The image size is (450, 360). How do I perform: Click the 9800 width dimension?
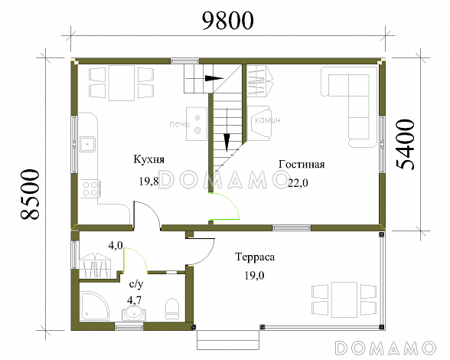228,21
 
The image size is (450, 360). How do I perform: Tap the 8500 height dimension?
29,195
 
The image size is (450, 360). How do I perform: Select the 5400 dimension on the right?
405,145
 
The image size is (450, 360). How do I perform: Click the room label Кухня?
148,159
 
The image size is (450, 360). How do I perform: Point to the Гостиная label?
302,165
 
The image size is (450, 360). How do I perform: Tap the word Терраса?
255,257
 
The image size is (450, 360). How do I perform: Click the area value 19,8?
149,182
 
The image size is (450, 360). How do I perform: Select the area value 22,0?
298,183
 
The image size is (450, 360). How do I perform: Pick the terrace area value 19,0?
255,276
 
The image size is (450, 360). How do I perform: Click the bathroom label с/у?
136,284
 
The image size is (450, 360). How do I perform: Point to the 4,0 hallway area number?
116,246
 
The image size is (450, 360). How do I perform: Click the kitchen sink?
87,144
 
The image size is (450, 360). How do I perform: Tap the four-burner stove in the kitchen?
90,188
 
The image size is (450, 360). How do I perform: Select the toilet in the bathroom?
172,309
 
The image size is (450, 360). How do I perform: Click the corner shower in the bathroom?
93,306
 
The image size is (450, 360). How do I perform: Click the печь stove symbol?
197,124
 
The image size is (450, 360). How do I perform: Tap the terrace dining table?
344,299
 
